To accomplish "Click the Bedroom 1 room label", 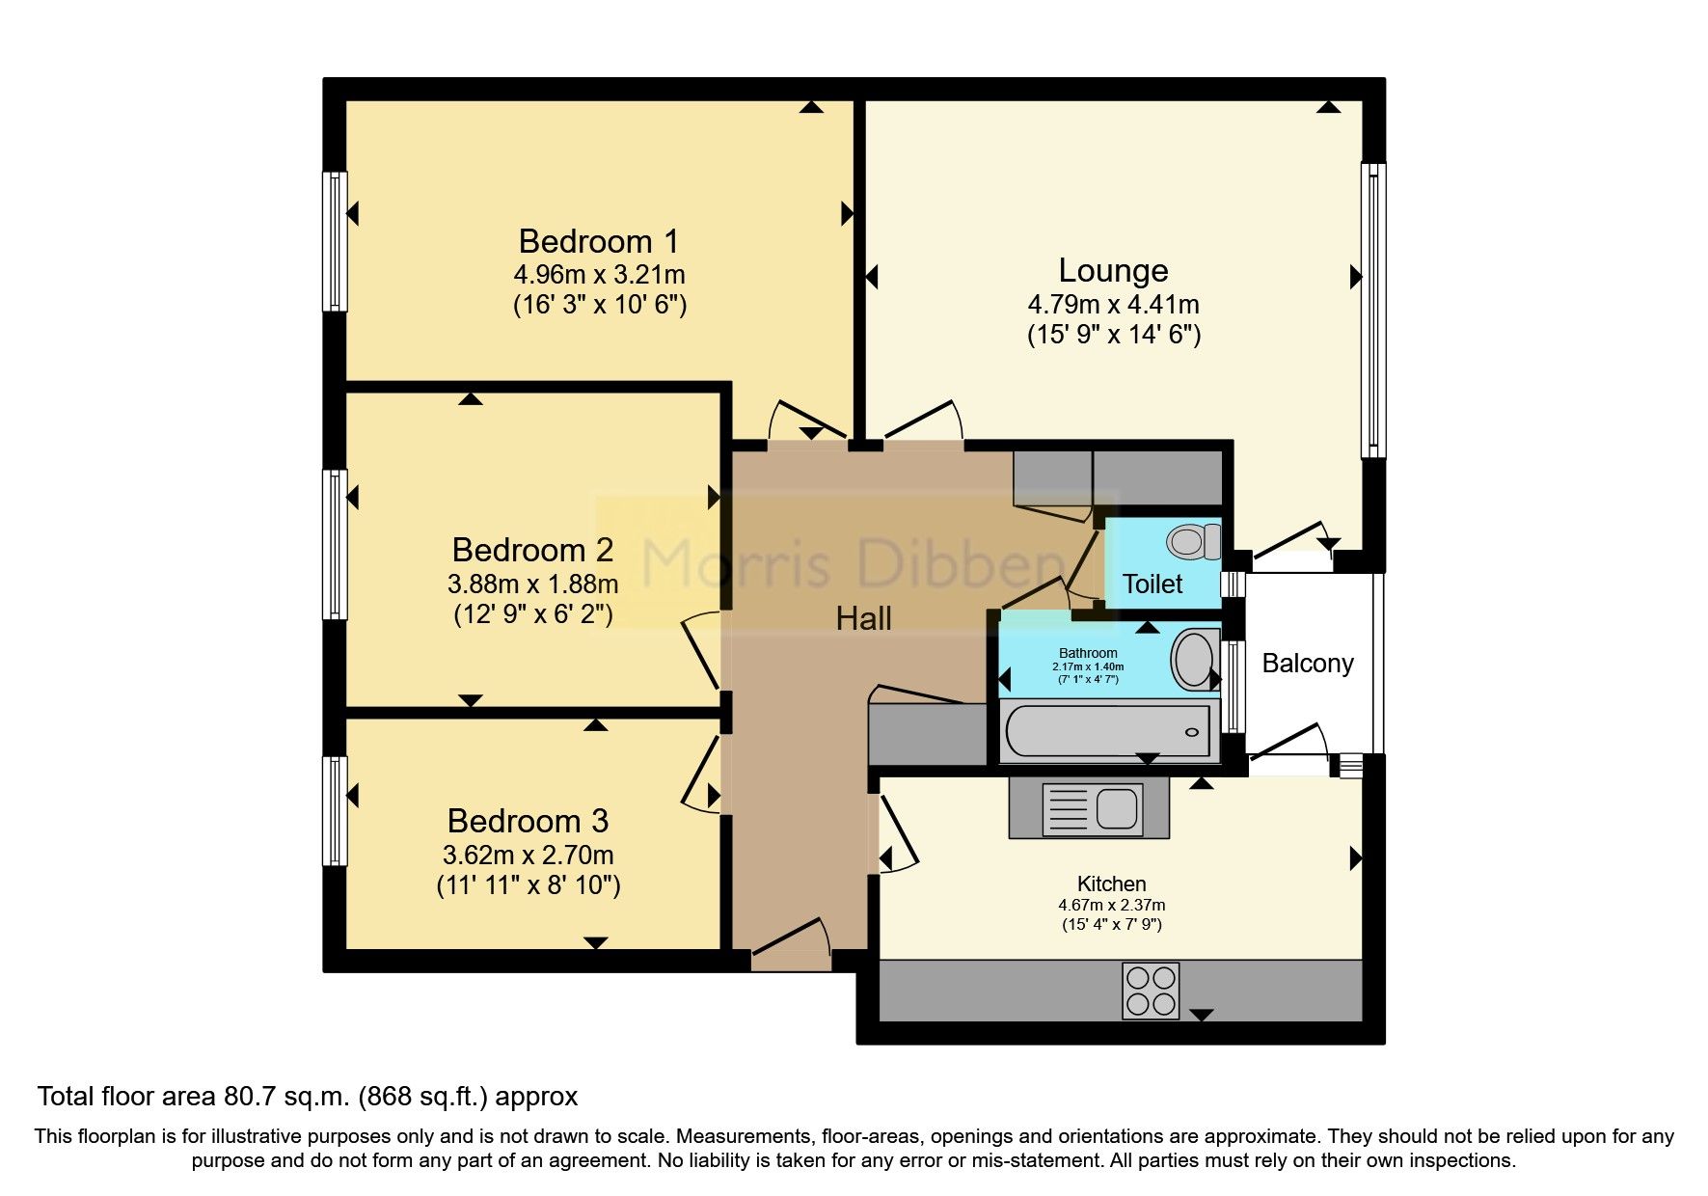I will (x=598, y=241).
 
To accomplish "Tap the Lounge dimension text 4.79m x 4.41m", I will (x=1113, y=305).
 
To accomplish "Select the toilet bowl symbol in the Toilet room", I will (x=1192, y=541).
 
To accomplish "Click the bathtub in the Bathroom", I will (x=1108, y=730).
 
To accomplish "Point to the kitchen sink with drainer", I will (x=1090, y=807).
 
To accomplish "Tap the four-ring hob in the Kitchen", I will (x=1151, y=990).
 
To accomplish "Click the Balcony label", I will (x=1308, y=664).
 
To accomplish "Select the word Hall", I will (x=863, y=618).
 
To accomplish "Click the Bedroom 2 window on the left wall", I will (x=334, y=543).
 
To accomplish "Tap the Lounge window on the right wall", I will (x=1373, y=310).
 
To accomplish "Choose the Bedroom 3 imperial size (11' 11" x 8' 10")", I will (x=528, y=884).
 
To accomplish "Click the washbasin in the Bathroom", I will (x=1194, y=660).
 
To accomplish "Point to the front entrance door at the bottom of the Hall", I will (x=791, y=949).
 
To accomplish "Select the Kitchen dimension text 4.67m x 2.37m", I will (x=1111, y=906).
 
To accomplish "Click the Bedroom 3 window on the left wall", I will (x=334, y=810).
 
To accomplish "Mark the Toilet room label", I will (x=1152, y=584).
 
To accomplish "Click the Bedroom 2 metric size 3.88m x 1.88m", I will (x=532, y=584).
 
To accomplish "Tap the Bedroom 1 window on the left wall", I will (x=334, y=241).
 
